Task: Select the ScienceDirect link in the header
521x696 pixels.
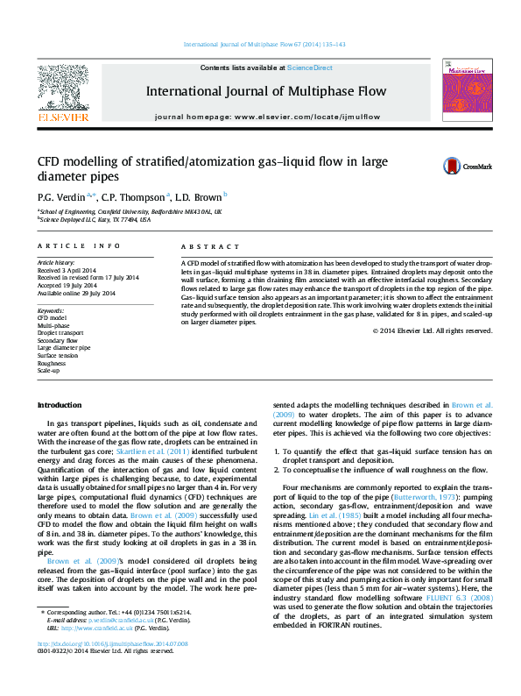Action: click(x=310, y=67)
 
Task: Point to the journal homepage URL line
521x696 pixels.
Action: click(x=267, y=116)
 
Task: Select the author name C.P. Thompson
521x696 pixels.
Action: click(x=132, y=197)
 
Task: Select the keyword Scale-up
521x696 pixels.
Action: click(x=48, y=372)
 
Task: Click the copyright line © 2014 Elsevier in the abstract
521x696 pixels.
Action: click(x=432, y=330)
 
